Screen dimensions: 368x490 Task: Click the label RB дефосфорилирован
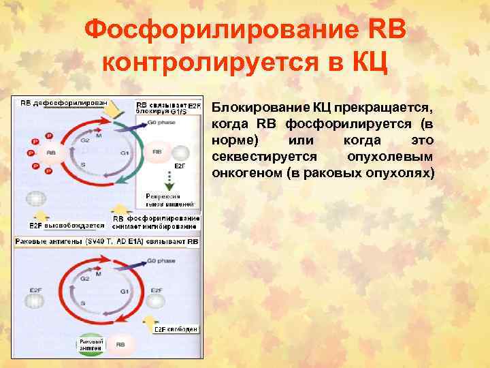(63, 102)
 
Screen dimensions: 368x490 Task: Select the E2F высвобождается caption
(67, 225)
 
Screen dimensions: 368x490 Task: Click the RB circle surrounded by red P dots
(51, 153)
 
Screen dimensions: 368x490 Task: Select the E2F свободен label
(176, 328)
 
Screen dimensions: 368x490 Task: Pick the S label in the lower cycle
(82, 302)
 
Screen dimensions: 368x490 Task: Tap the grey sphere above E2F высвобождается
(37, 198)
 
